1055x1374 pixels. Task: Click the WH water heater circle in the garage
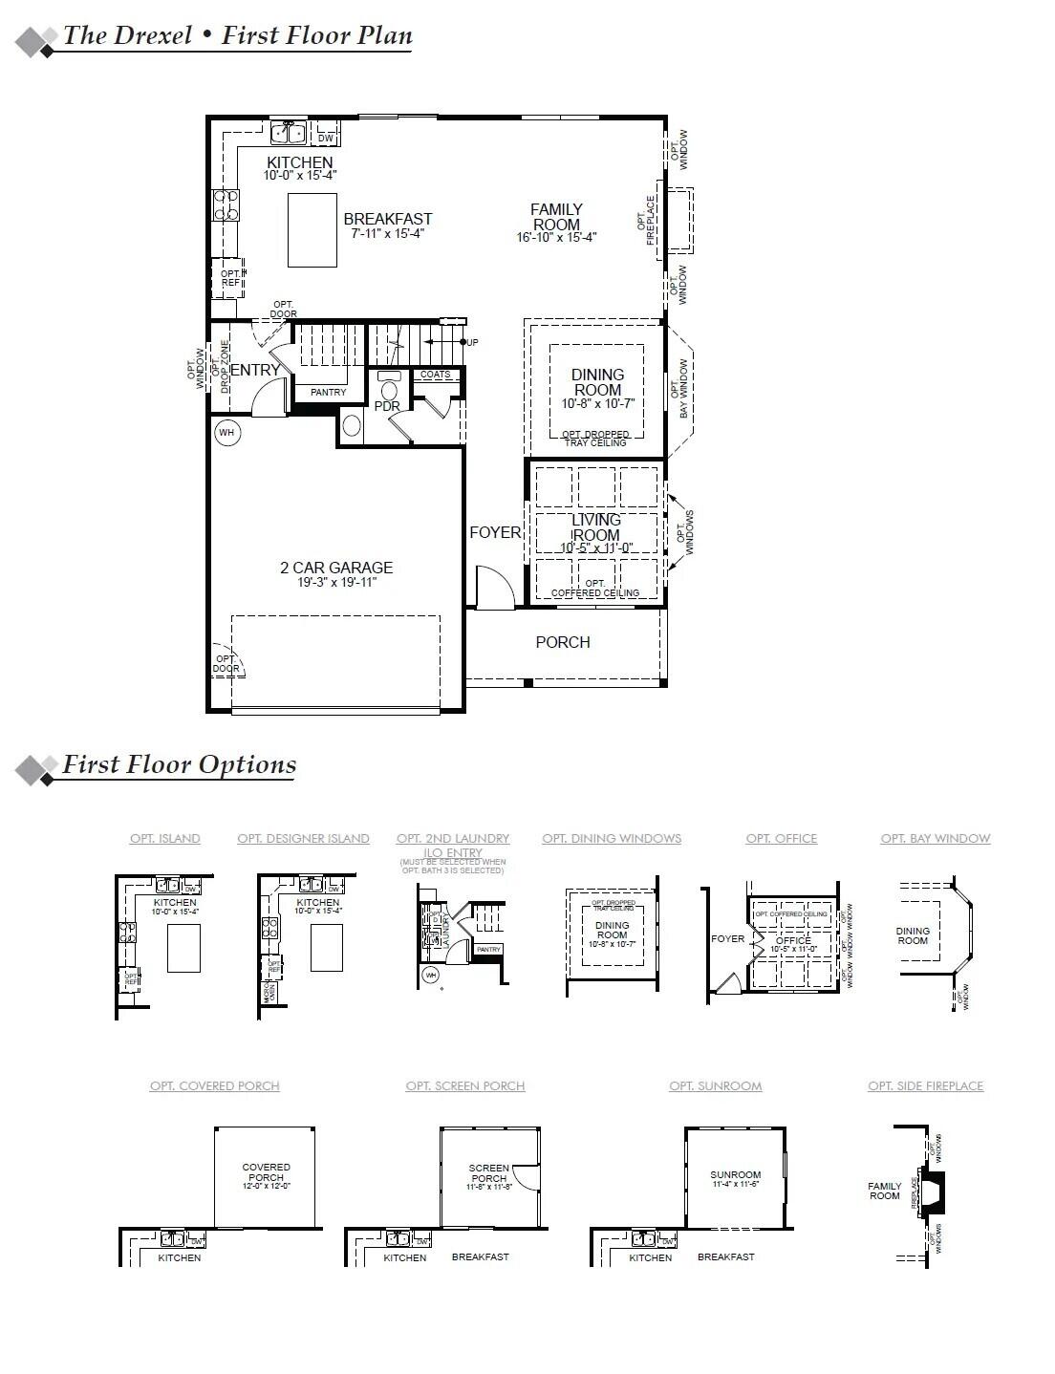(x=226, y=433)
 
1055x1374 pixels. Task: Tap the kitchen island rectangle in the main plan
(x=312, y=229)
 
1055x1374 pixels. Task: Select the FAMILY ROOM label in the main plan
(x=556, y=217)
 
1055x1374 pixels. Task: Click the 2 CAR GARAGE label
(x=336, y=568)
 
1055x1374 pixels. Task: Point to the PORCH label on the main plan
(x=563, y=642)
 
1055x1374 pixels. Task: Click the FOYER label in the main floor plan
(x=495, y=532)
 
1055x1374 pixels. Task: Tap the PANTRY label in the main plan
(x=328, y=393)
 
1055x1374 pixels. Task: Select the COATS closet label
(x=436, y=375)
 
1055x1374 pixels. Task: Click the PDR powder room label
(x=387, y=406)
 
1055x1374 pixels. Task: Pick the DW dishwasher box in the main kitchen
(x=326, y=139)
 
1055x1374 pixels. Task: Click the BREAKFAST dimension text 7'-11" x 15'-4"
(x=387, y=233)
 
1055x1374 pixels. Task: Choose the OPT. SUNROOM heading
(x=715, y=1085)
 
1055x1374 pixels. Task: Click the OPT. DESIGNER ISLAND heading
(x=303, y=838)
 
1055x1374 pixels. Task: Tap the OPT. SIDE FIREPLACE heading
(x=925, y=1085)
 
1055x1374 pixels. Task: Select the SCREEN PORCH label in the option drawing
(x=488, y=1172)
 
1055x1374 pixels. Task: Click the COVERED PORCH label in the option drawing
(x=266, y=1172)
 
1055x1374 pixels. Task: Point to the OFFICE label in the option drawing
(x=793, y=940)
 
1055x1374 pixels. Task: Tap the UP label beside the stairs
(x=473, y=342)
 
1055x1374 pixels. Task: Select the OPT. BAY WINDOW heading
(x=935, y=838)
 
